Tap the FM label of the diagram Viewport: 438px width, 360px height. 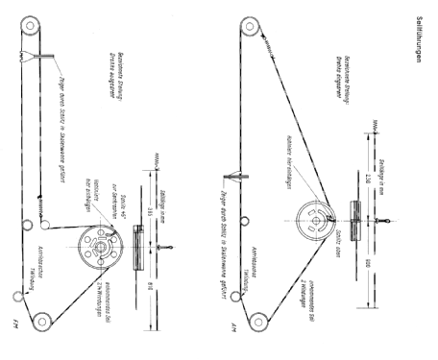pyautogui.click(x=19, y=338)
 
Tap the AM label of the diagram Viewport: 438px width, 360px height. pyautogui.click(x=232, y=338)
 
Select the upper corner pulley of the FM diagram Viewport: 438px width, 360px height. pyautogui.click(x=30, y=24)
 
